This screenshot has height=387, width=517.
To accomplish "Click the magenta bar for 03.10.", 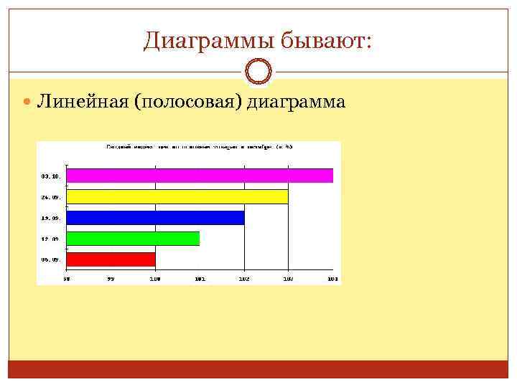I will point(200,176).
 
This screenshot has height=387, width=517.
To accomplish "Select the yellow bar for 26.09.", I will point(177,196).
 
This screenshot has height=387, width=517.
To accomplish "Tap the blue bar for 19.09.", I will point(155,217).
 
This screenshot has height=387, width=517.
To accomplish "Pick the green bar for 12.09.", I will point(133,238).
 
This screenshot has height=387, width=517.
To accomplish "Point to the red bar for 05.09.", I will point(111,259).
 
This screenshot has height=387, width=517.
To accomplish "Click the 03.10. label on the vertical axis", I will point(50,176).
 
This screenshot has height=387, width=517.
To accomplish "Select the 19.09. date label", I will point(50,217).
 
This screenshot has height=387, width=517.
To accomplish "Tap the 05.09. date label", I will point(50,259).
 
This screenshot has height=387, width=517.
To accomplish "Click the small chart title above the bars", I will point(200,146).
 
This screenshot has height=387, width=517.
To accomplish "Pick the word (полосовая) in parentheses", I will point(187,102).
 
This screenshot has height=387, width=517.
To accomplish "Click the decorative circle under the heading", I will point(258,72).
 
